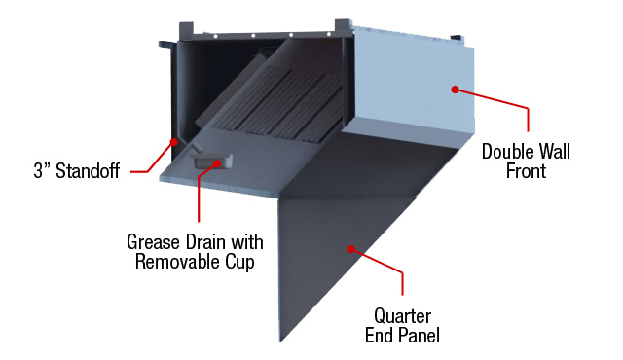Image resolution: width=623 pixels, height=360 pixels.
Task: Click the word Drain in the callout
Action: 210,241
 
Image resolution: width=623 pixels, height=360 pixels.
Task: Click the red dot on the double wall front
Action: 454,90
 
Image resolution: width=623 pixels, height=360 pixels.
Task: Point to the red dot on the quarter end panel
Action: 348,249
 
